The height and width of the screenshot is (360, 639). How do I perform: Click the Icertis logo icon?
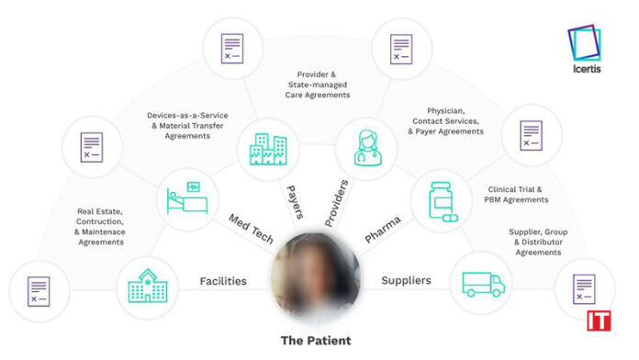tap(585, 46)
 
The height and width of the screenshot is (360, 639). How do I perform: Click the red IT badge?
tap(600, 321)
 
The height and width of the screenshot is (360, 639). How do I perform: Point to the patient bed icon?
tap(186, 197)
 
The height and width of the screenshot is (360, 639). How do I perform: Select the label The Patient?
tap(315, 341)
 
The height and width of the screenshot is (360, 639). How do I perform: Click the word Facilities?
tap(223, 281)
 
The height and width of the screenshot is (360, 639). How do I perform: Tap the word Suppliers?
tap(406, 281)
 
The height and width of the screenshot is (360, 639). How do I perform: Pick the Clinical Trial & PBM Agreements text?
tap(517, 194)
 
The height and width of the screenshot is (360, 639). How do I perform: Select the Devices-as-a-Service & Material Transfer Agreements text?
tap(187, 125)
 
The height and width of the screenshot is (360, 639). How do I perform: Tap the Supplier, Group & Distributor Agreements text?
tap(538, 242)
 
